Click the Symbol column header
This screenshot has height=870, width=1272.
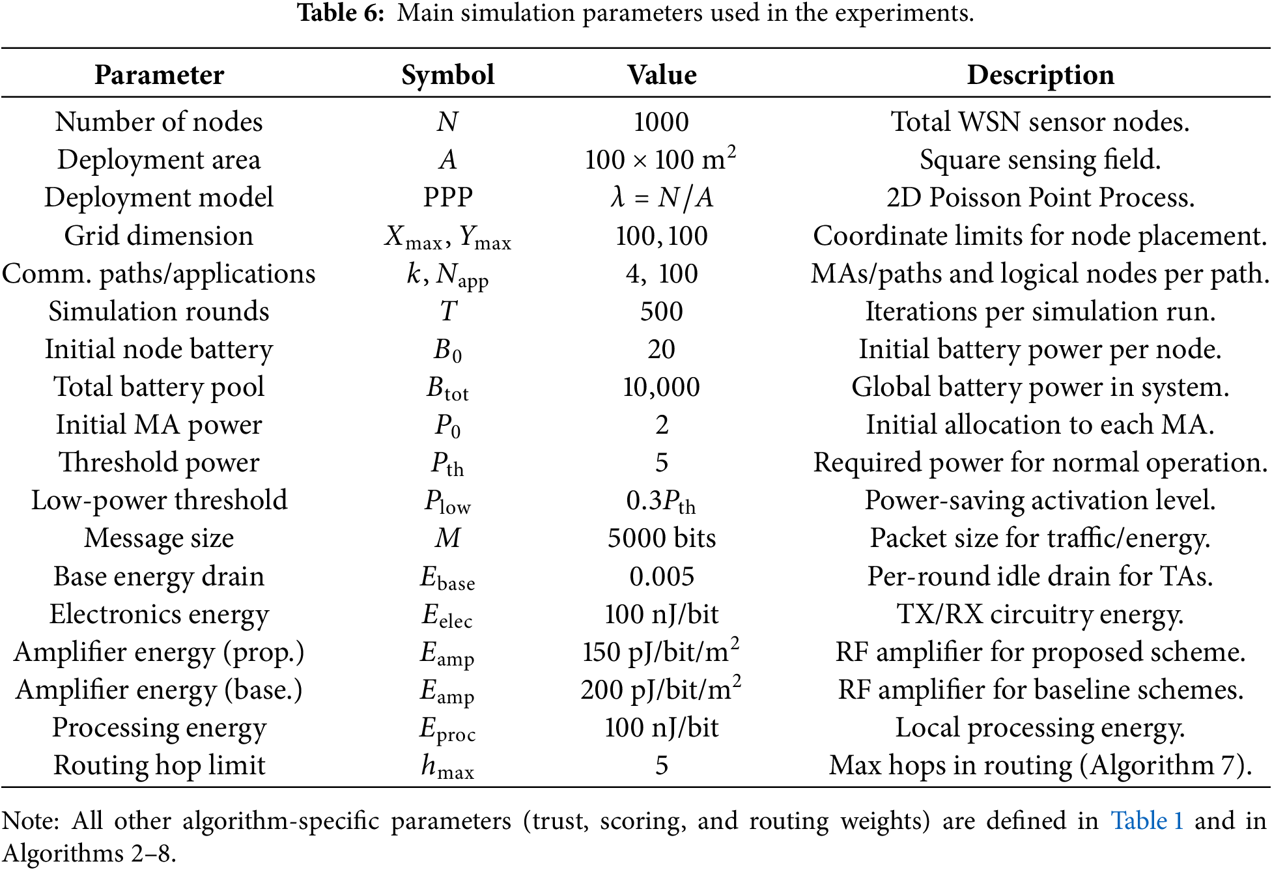tap(447, 75)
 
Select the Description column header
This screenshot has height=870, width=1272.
tap(1040, 75)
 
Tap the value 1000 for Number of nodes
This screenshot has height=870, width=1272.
tap(661, 122)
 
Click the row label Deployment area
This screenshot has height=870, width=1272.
tap(159, 160)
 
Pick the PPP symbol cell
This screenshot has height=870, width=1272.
tap(447, 197)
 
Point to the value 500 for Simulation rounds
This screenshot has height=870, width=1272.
tap(661, 311)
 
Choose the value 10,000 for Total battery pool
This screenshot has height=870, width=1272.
tap(661, 387)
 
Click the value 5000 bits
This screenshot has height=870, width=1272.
tap(661, 539)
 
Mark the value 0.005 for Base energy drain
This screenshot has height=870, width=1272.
tap(661, 576)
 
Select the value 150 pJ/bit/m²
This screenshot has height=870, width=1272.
tap(661, 652)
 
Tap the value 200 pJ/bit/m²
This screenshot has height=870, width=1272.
tap(661, 690)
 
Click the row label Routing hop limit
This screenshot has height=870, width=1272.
tap(159, 766)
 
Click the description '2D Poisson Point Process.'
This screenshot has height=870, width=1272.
tap(1040, 197)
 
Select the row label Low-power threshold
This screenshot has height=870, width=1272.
tap(159, 501)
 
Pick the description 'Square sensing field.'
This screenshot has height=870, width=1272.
tap(1040, 160)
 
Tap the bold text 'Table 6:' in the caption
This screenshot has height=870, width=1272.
tap(341, 13)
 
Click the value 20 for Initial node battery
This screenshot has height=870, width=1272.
tap(661, 350)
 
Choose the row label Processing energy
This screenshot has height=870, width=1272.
tap(159, 728)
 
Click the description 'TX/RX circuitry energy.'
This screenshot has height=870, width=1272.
tap(1040, 614)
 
